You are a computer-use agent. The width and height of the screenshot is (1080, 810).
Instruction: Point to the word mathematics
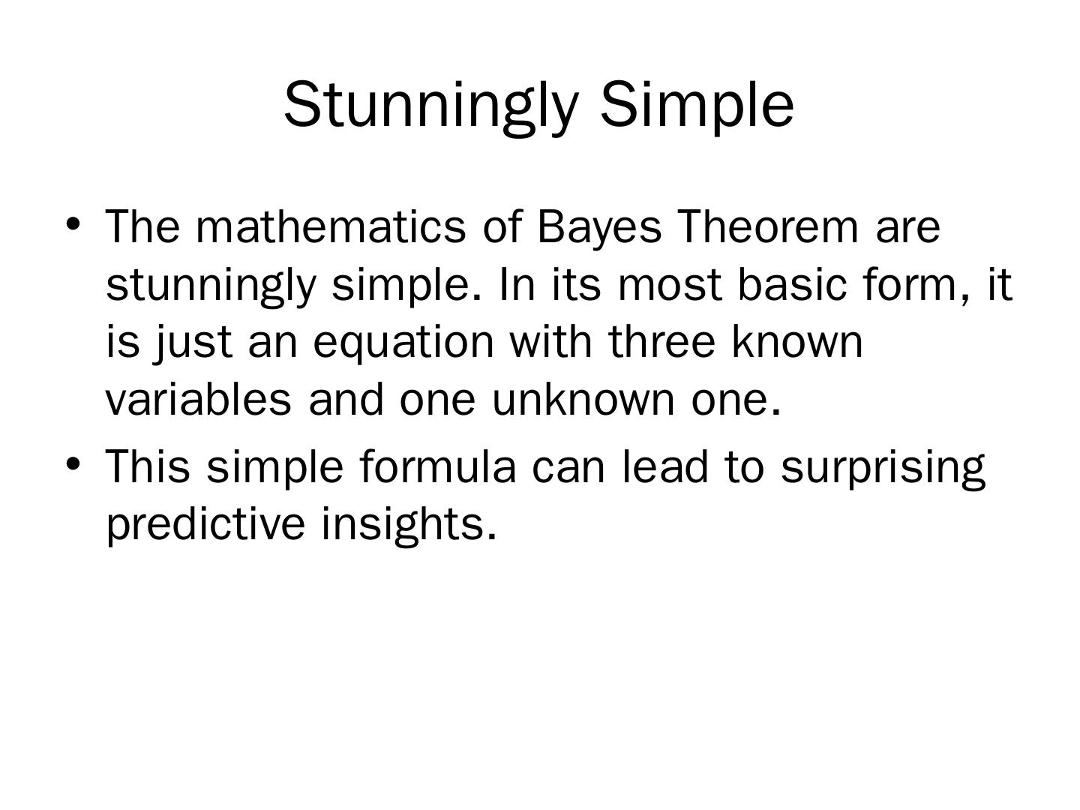click(x=330, y=226)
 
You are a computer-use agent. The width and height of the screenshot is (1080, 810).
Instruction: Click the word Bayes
click(x=598, y=228)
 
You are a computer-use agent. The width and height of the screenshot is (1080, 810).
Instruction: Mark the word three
click(x=661, y=341)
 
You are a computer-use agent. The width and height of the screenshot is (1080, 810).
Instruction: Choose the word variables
click(x=198, y=399)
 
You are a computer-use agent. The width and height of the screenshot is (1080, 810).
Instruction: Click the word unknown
click(x=583, y=399)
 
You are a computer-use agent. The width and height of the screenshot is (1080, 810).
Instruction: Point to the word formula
click(x=438, y=466)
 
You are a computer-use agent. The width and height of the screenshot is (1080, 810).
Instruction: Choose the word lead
click(x=664, y=466)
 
